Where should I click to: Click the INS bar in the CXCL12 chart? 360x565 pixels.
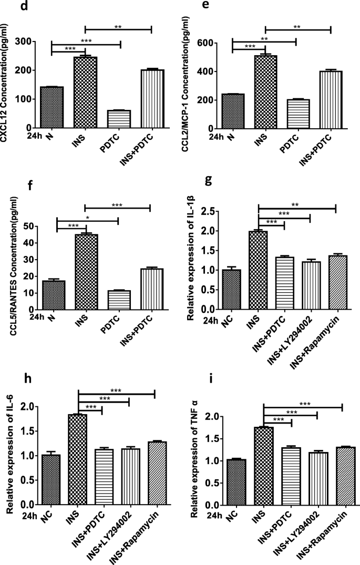[x=86, y=92]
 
